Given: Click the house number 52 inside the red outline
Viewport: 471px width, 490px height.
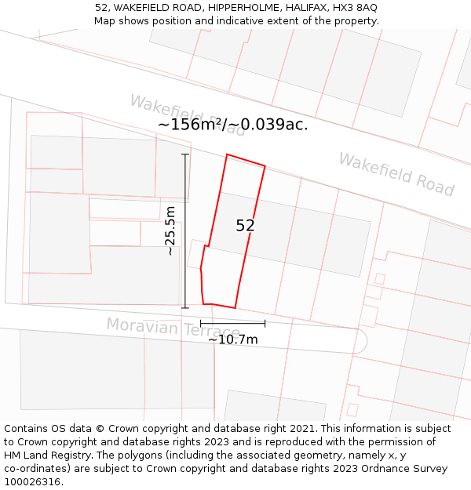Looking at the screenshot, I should (x=245, y=226).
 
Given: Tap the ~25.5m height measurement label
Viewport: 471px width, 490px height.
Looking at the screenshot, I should (x=170, y=230).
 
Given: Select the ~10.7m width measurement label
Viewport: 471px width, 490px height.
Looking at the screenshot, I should (x=232, y=339).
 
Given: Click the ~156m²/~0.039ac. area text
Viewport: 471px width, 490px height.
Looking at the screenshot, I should (x=232, y=125).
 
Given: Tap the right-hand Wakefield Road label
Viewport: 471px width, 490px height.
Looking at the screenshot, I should (x=396, y=174).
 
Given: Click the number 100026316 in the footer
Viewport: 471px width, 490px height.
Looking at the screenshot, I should (x=31, y=482).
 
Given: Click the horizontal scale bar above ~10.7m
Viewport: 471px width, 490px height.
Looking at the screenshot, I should (x=232, y=323).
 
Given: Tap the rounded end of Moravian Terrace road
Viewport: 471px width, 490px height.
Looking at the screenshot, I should (x=362, y=341).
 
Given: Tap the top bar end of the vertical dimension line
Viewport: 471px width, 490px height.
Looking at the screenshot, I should (x=186, y=154).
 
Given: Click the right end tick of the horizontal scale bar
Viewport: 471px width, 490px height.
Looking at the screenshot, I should (x=265, y=323).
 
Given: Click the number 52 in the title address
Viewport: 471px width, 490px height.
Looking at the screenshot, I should (x=101, y=8).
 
